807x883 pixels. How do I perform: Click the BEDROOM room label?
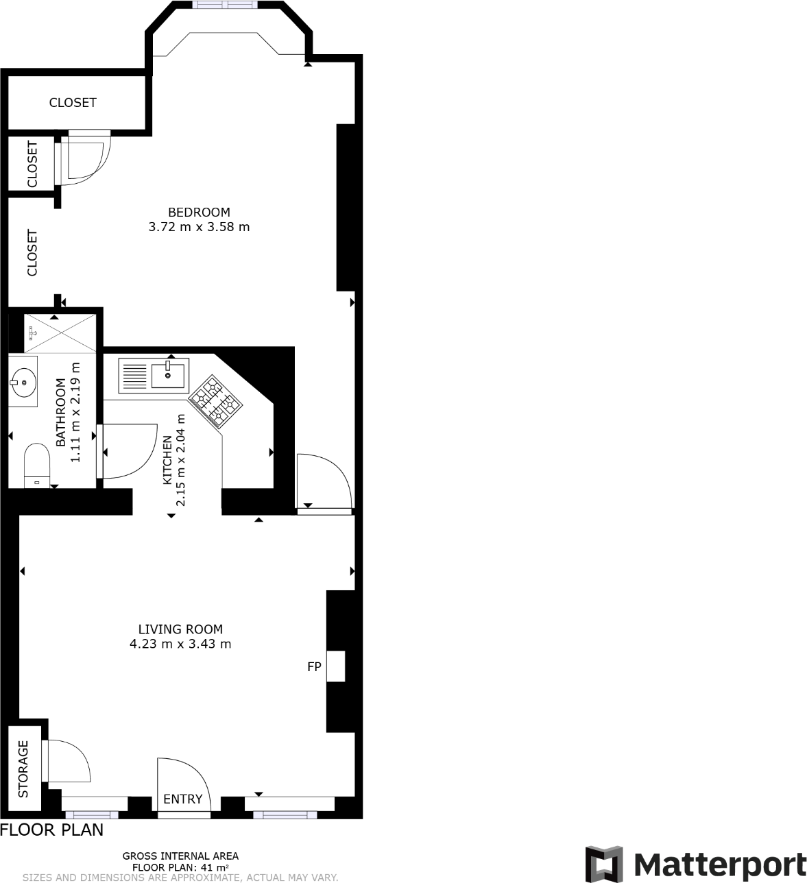199,212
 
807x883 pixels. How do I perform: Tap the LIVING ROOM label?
180,629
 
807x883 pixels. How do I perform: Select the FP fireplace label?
314,666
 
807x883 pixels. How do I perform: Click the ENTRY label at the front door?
183,799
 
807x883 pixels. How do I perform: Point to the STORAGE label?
24,769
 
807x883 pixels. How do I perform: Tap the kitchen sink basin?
168,375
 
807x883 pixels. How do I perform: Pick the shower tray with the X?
60,332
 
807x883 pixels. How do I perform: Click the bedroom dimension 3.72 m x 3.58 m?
199,227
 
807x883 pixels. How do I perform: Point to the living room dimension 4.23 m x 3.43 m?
180,644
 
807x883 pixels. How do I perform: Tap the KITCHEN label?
167,460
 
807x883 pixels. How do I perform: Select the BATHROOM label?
61,413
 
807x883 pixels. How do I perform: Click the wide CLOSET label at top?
73,103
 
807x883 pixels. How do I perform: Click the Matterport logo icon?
603,864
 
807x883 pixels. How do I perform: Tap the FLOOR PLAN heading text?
52,830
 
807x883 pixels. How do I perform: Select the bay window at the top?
226,5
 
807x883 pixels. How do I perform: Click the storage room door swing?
67,761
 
